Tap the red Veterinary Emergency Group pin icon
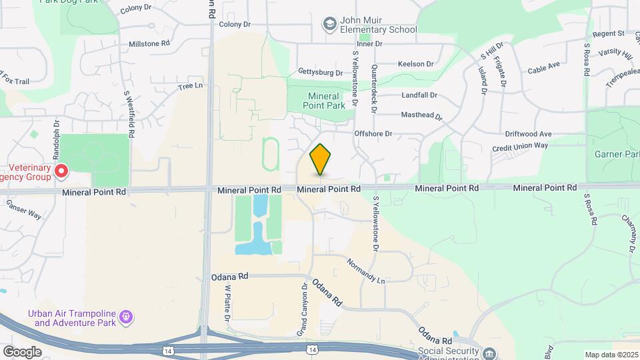61,171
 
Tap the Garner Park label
617,154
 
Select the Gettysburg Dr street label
321,73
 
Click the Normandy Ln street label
366,271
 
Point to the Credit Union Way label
520,147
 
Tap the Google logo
22,352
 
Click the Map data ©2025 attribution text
611,355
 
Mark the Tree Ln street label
190,87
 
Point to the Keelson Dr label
415,64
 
